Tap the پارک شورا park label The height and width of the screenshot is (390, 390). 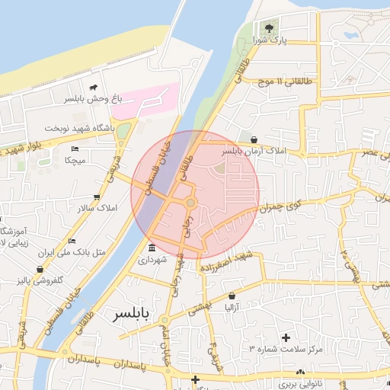271,41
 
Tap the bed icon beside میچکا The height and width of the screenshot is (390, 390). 75,149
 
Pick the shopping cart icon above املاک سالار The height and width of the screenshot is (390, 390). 98,196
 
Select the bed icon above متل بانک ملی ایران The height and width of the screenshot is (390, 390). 72,241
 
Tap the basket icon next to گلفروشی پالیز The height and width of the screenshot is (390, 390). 40,269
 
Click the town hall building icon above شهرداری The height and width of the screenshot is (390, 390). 152,249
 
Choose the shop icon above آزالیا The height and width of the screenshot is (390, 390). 232,296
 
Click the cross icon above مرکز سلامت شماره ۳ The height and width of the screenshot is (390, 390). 286,337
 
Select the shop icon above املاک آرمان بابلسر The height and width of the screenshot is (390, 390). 253,139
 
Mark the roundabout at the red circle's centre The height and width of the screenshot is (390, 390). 190,202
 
